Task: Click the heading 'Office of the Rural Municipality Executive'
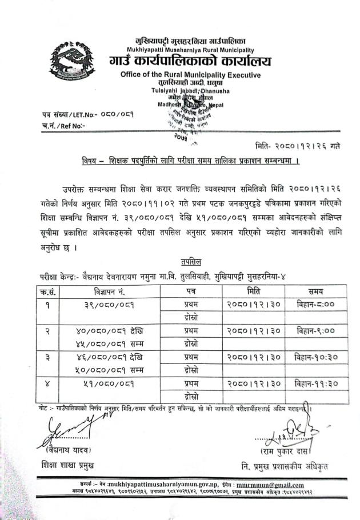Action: (190, 75)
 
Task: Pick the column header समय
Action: (315, 291)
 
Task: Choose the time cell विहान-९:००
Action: (315, 331)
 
